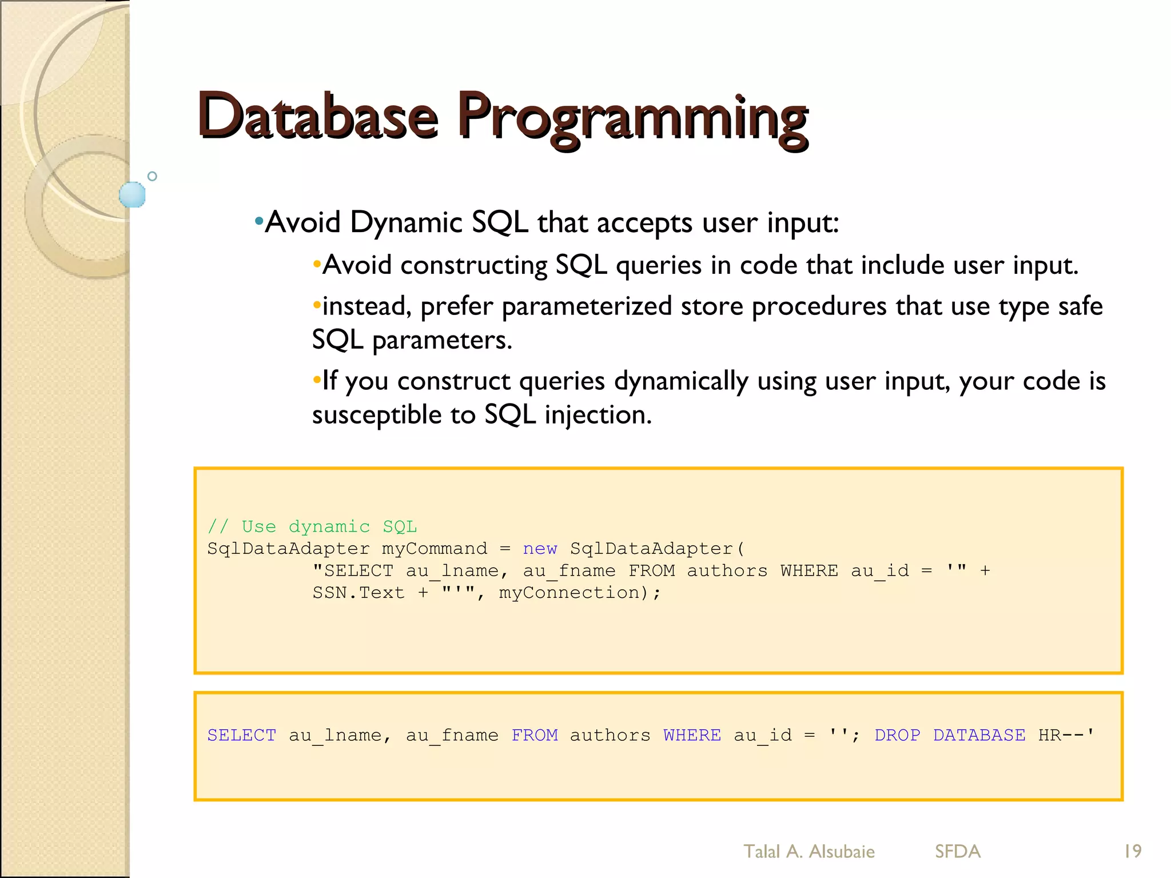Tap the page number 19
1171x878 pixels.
coord(1132,851)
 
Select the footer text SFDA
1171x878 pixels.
coord(958,852)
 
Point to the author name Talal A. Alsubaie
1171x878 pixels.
coord(808,852)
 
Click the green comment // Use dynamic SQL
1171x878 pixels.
coord(312,526)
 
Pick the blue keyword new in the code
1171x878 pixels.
coord(540,549)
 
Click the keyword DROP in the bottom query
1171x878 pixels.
coord(897,735)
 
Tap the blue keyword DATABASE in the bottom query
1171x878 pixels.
coord(979,735)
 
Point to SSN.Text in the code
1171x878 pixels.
coord(359,593)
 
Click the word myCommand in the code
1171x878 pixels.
coord(435,549)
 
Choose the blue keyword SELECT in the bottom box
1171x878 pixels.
coord(242,735)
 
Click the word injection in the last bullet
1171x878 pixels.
coord(598,415)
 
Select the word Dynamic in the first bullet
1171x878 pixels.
coord(406,222)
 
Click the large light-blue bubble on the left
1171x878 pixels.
coord(132,194)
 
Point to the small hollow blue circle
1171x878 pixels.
coord(152,176)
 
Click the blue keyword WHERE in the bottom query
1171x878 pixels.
coord(692,735)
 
